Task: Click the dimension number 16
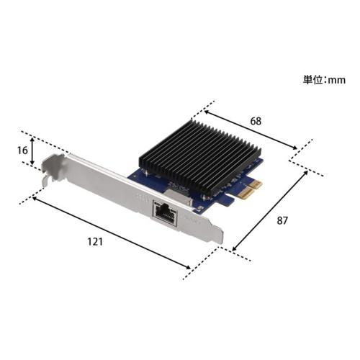point(22,150)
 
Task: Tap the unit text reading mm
point(336,81)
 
